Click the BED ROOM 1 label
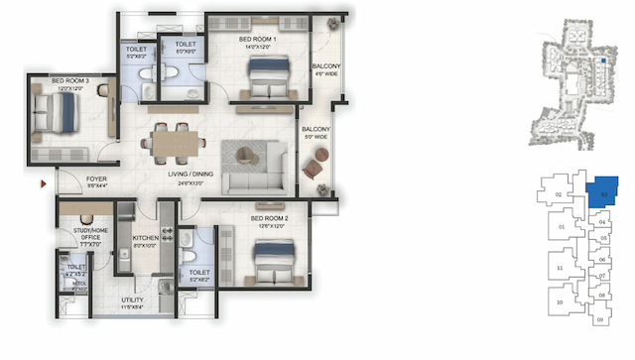(257, 40)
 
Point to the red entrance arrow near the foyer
(42, 183)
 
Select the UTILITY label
(133, 299)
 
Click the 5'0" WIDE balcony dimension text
(317, 136)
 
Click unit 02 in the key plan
(559, 195)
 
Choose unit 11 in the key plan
(561, 269)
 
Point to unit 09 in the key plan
(599, 320)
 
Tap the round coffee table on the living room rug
(244, 155)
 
